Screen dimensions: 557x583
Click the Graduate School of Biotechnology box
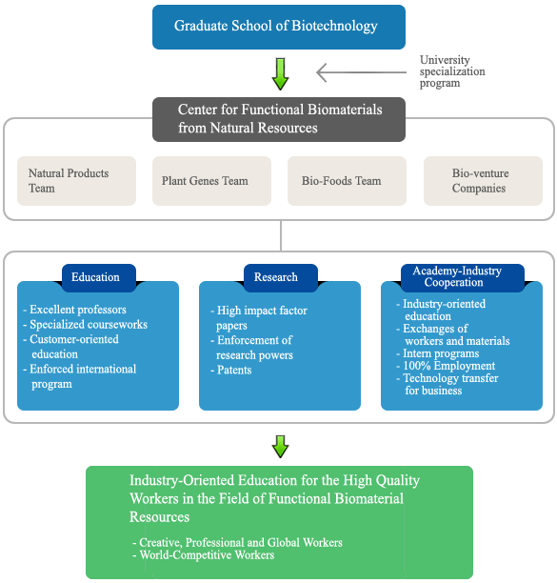[x=279, y=27]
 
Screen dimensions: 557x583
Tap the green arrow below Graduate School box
[x=280, y=73]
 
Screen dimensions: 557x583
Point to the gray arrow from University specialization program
[x=361, y=72]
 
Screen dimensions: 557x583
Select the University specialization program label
[x=452, y=71]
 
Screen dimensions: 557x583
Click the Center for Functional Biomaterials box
[x=279, y=119]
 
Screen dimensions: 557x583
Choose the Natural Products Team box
[x=76, y=181]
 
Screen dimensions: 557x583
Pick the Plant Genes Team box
[x=211, y=181]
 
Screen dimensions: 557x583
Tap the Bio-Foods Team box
[x=347, y=181]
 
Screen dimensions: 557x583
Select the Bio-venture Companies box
[x=483, y=181]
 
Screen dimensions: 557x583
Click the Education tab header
[x=99, y=277]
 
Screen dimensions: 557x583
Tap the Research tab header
[x=281, y=277]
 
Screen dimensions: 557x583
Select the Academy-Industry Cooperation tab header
[x=463, y=277]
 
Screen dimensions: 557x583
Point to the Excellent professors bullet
[x=74, y=310]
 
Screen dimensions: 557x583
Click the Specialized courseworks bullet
[x=85, y=324]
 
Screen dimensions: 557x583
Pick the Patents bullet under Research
[x=231, y=370]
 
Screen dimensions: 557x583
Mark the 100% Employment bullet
[x=446, y=366]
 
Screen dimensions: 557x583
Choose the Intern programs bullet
[x=438, y=353]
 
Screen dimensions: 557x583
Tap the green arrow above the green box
[x=280, y=447]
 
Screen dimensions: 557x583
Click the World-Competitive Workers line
[x=204, y=555]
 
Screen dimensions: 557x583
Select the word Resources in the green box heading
[x=159, y=517]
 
